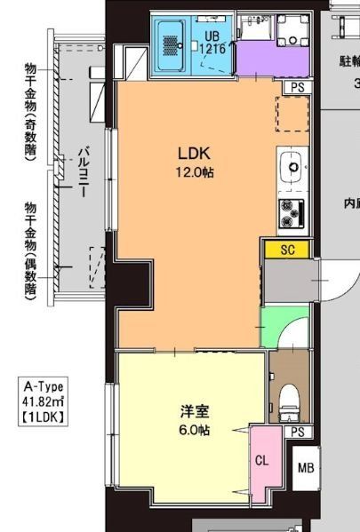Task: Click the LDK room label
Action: (194, 153)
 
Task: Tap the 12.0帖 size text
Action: (195, 171)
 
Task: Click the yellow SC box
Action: (287, 250)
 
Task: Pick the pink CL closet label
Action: (261, 461)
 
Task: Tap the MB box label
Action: (305, 468)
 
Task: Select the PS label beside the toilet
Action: (296, 433)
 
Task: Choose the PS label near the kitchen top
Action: (296, 87)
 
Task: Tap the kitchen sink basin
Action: (291, 163)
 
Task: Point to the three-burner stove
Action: (292, 211)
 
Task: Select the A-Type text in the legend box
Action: (42, 386)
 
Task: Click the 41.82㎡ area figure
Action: (42, 401)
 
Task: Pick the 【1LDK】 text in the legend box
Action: (42, 415)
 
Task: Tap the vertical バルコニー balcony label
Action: (80, 174)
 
